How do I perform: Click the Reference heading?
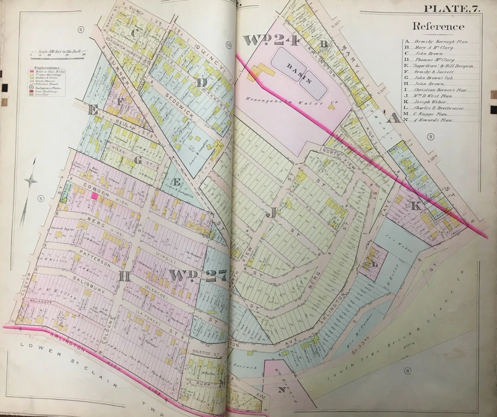(438, 27)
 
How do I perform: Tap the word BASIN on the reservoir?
(299, 67)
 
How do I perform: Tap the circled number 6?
(81, 29)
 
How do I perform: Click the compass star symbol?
(31, 181)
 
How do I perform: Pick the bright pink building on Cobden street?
(95, 196)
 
